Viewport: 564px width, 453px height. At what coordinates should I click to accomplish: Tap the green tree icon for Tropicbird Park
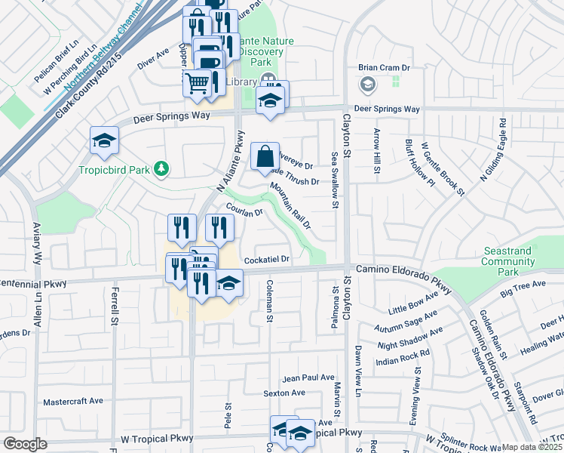click(160, 169)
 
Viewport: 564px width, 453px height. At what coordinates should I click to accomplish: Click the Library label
click(241, 81)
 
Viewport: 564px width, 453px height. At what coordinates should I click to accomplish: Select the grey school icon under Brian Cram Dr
click(366, 85)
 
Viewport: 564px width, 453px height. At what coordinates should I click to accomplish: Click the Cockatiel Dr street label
click(267, 260)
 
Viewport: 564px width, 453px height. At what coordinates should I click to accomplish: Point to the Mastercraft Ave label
click(72, 402)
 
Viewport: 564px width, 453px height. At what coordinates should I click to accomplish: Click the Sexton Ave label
click(284, 393)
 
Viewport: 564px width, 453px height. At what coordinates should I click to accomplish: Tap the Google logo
click(25, 444)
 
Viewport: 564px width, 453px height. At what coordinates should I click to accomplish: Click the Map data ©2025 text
click(532, 447)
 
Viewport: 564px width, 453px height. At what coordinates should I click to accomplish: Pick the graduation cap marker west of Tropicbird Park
click(105, 140)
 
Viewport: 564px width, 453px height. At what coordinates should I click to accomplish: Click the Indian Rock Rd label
click(403, 353)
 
